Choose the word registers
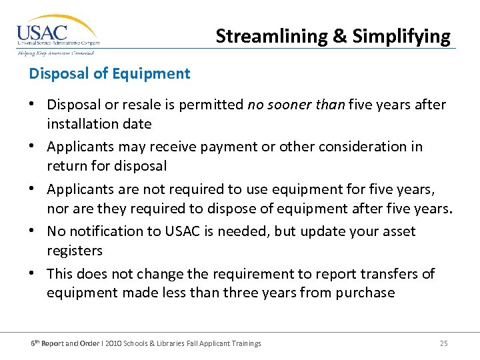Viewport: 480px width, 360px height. (x=75, y=251)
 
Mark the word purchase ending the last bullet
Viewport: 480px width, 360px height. (x=368, y=293)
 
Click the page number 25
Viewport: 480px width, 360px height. (x=443, y=343)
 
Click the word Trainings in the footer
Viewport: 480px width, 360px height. (x=244, y=343)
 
